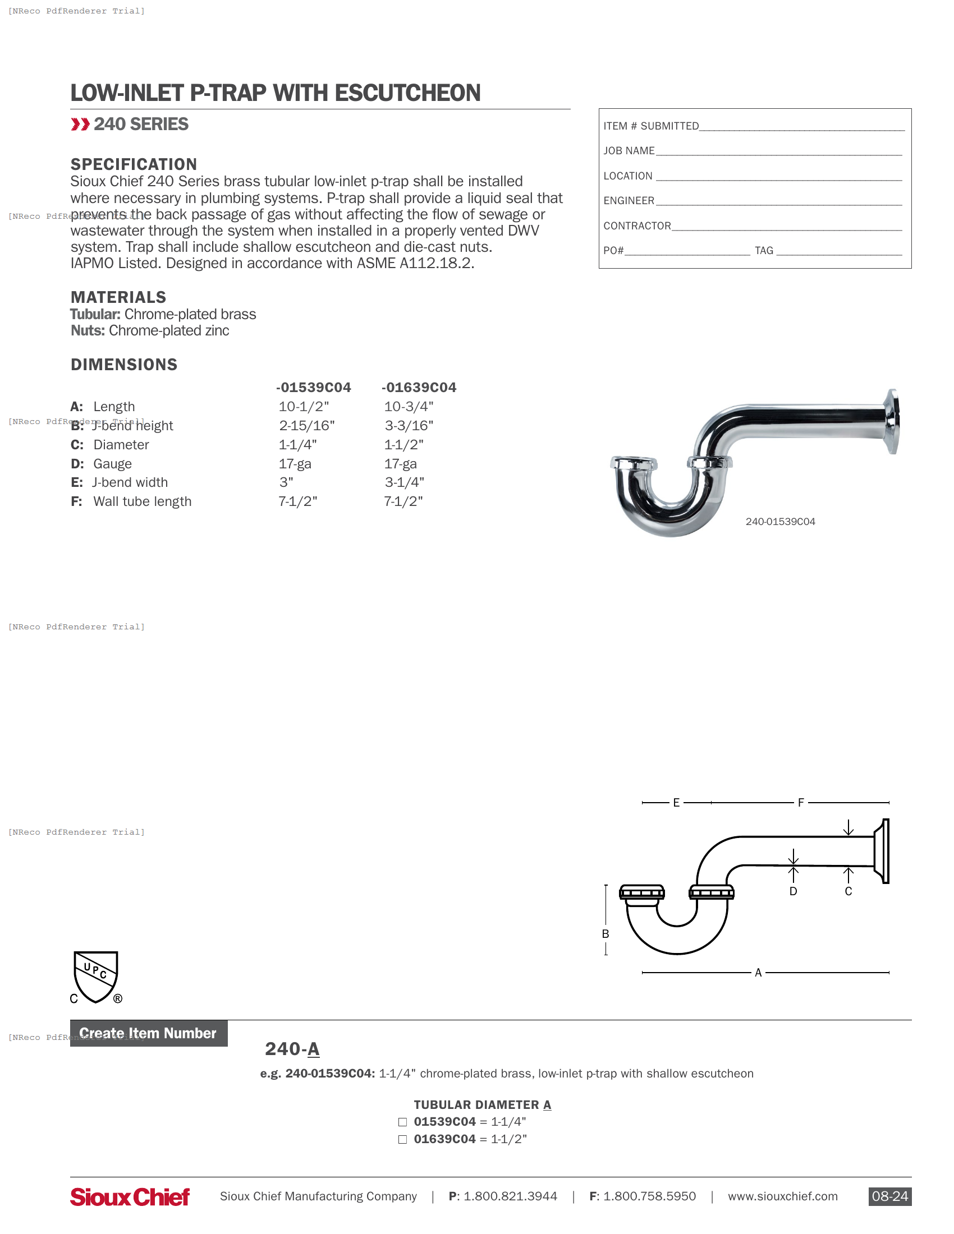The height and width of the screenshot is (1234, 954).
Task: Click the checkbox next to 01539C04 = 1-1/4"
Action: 402,1122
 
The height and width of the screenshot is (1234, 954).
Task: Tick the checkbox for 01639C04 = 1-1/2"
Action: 402,1139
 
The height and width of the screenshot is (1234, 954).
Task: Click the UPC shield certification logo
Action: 96,977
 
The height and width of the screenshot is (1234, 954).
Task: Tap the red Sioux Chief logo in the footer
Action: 130,1197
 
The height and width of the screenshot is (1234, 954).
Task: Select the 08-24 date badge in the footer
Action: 889,1196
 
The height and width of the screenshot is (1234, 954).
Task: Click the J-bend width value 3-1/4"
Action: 404,482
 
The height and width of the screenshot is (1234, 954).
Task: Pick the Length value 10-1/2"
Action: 304,406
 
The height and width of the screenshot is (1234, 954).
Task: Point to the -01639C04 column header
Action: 418,387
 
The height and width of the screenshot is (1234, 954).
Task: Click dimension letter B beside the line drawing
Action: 606,934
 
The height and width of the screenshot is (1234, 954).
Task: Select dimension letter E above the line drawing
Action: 676,802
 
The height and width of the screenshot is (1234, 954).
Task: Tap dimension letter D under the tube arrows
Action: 793,891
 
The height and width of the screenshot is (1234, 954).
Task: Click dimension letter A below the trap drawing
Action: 758,973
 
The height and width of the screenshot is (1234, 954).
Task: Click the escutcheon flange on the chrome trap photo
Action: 892,421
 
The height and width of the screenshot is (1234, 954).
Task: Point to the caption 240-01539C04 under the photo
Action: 780,522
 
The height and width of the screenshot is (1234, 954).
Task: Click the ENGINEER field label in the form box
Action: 629,201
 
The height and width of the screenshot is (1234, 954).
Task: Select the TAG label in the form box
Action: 764,250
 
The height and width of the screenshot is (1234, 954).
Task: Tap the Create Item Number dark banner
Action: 149,1033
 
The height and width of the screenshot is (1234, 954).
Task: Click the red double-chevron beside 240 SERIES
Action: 80,125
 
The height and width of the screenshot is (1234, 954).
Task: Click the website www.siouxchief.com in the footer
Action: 782,1196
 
